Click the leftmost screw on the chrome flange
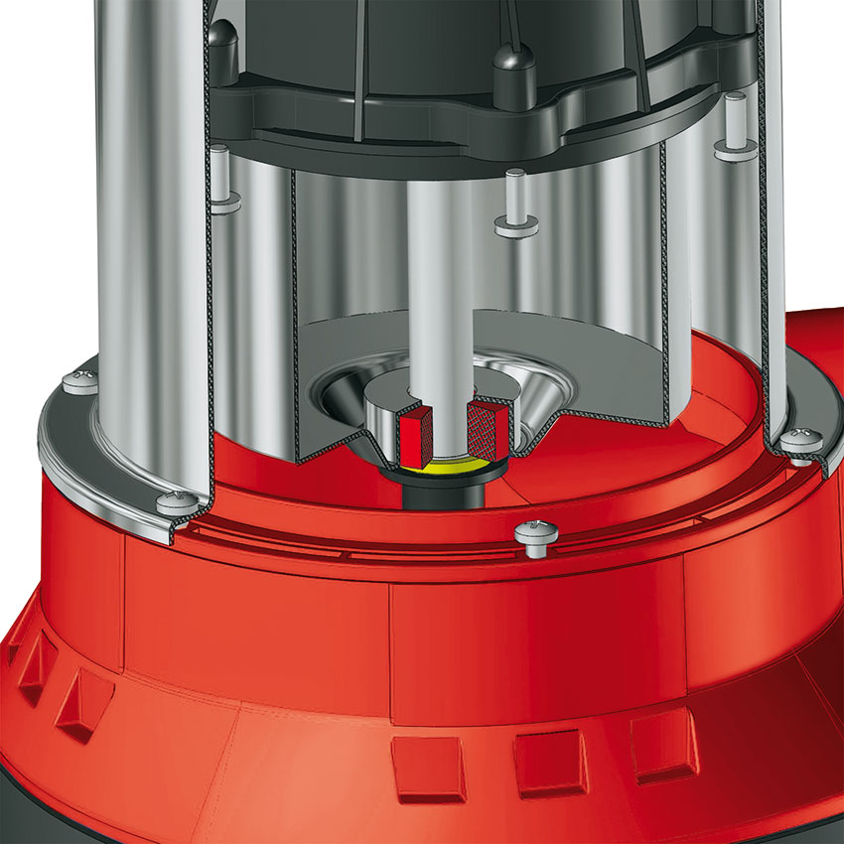(79, 381)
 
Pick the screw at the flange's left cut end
(176, 501)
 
